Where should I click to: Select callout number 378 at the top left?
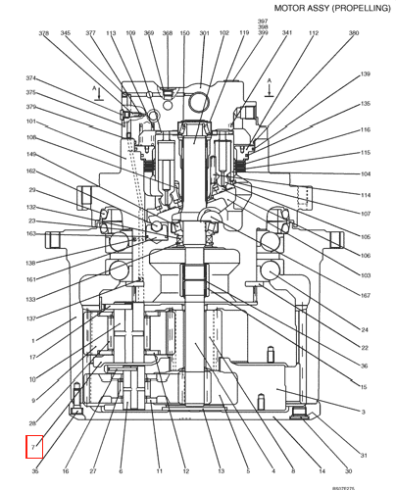(44, 33)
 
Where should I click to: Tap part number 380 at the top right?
(353, 33)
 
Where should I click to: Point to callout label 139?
(365, 74)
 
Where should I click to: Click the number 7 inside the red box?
(34, 448)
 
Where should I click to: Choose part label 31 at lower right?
(364, 456)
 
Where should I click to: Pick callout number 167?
(365, 296)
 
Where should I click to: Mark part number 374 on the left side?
(31, 78)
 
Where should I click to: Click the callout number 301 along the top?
(204, 33)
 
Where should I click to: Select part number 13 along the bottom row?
(221, 471)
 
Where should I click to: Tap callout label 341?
(286, 33)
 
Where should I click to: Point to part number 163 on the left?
(31, 234)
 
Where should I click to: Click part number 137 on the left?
(31, 318)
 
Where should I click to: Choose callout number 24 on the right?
(365, 329)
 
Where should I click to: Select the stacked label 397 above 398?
(263, 20)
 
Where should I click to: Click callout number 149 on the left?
(31, 154)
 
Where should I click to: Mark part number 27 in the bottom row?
(91, 471)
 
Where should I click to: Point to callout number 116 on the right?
(365, 129)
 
